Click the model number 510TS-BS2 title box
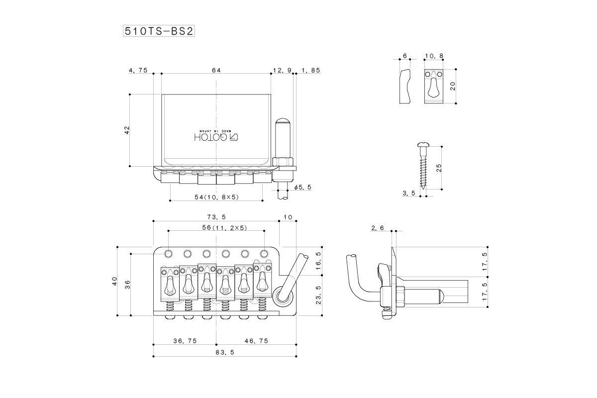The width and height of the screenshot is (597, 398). point(158,31)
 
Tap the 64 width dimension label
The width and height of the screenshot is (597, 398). point(216,71)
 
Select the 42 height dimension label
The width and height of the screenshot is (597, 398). point(127,130)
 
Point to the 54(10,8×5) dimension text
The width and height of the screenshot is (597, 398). point(217,197)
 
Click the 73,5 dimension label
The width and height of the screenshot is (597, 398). point(216,217)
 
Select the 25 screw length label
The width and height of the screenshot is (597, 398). point(439,168)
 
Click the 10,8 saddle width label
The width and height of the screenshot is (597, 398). point(434,56)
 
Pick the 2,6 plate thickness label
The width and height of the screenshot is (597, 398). point(377,228)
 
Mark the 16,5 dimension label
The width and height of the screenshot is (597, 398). point(319,261)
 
